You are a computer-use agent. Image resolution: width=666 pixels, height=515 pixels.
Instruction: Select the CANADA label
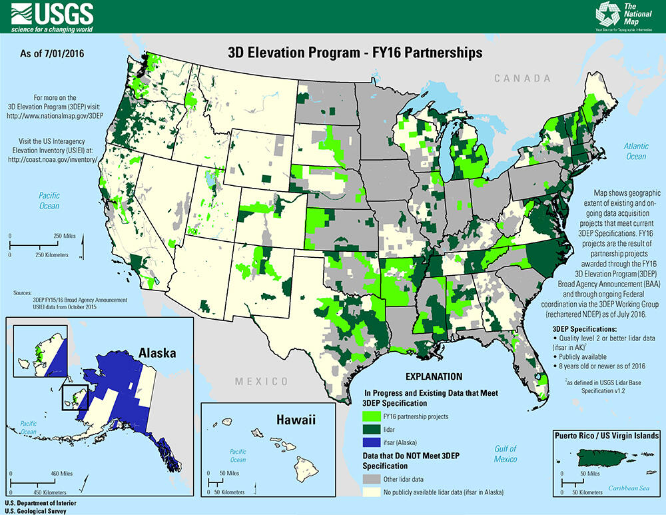click(x=522, y=79)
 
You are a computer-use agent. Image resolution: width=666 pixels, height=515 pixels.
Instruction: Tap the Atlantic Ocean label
click(x=635, y=151)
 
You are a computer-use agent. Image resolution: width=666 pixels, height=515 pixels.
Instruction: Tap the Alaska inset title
click(x=157, y=352)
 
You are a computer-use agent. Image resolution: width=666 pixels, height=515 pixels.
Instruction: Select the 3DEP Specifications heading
click(x=589, y=329)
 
